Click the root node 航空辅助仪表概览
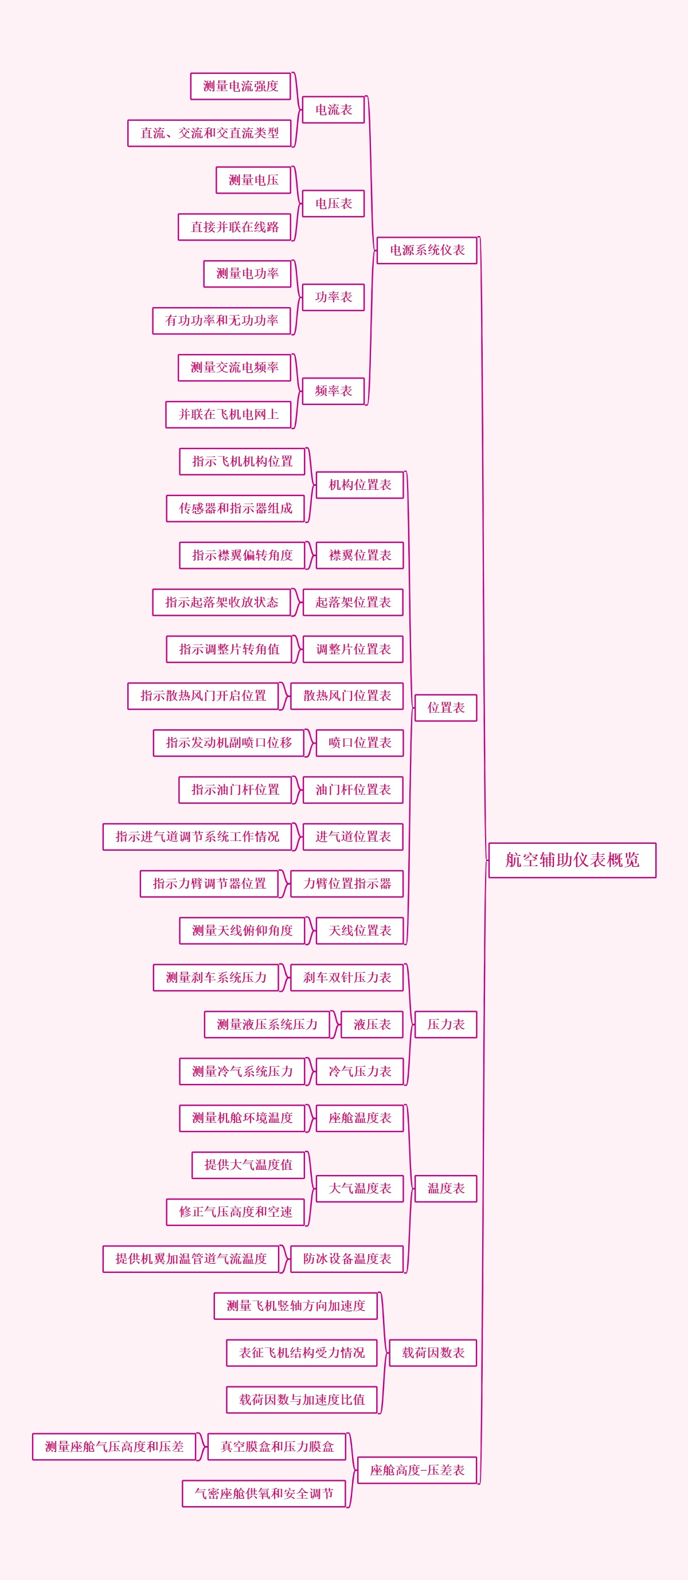[572, 860]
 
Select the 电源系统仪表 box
[427, 250]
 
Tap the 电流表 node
[333, 110]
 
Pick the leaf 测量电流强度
[241, 87]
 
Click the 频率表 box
[333, 391]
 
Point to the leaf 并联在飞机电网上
[228, 415]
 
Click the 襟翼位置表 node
[359, 555]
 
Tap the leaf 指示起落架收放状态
[221, 602]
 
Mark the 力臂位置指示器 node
[347, 884]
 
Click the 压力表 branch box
[445, 1024]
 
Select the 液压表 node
[372, 1024]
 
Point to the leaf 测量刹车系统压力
[216, 978]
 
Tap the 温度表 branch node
[445, 1189]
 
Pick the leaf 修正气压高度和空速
[235, 1212]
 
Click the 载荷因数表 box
[433, 1353]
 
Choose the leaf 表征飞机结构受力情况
[302, 1353]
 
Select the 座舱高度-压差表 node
[417, 1470]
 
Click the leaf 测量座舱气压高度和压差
[114, 1447]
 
